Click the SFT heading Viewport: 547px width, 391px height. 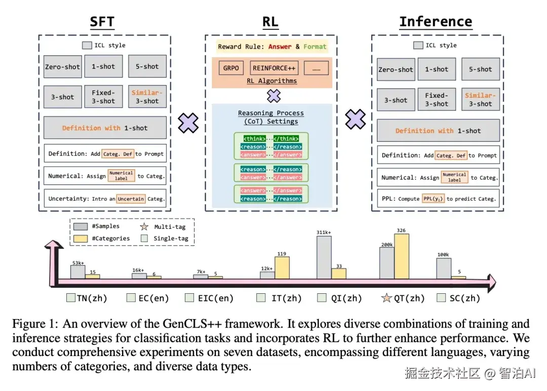(102, 22)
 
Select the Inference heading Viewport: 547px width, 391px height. (435, 22)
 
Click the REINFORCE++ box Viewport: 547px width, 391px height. (275, 68)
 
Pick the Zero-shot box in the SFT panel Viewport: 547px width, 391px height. (63, 66)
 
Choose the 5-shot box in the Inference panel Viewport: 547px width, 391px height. (480, 69)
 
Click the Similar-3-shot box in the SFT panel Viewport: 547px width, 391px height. (147, 97)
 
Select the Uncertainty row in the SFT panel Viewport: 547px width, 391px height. (106, 199)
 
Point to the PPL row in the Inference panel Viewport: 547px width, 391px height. (438, 199)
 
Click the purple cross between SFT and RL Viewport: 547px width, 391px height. (188, 123)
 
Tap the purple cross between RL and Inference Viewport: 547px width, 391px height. (356, 120)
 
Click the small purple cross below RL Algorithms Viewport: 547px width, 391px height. (273, 95)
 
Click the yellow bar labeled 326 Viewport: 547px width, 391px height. (402, 256)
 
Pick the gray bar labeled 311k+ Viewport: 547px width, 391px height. (324, 257)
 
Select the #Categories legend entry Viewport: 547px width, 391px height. (107, 238)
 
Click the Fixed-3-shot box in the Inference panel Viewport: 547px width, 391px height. (437, 99)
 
